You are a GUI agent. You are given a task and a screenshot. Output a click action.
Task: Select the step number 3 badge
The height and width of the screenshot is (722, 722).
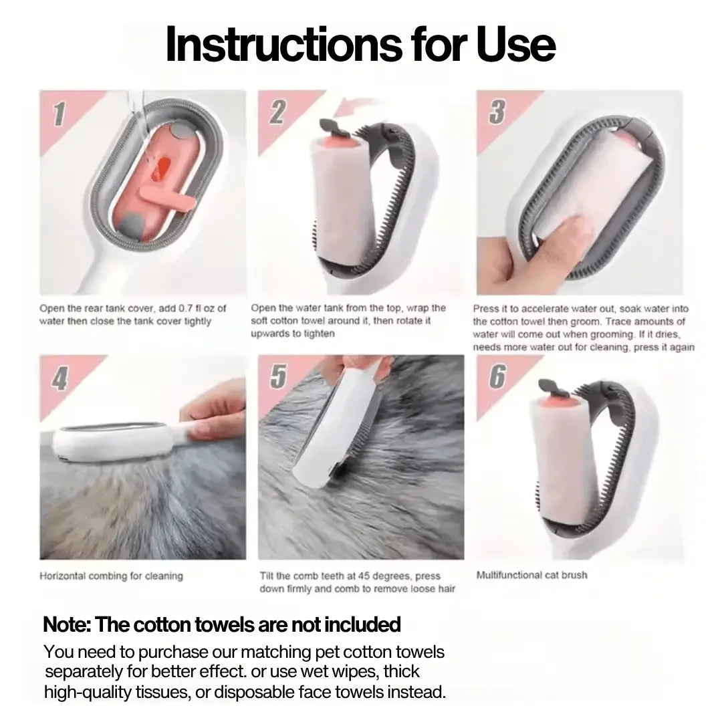pyautogui.click(x=497, y=112)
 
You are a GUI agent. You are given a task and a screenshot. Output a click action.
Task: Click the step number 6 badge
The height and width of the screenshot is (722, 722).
pyautogui.click(x=497, y=377)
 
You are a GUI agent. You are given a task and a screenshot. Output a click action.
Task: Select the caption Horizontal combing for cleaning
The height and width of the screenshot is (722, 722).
pyautogui.click(x=111, y=576)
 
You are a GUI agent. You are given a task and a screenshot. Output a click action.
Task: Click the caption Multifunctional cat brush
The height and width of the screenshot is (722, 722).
pyautogui.click(x=532, y=575)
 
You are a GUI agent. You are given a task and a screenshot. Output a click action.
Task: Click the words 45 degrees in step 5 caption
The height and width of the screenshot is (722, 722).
pyautogui.click(x=393, y=576)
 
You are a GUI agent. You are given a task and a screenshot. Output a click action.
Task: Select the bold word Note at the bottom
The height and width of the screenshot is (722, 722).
pyautogui.click(x=66, y=625)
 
